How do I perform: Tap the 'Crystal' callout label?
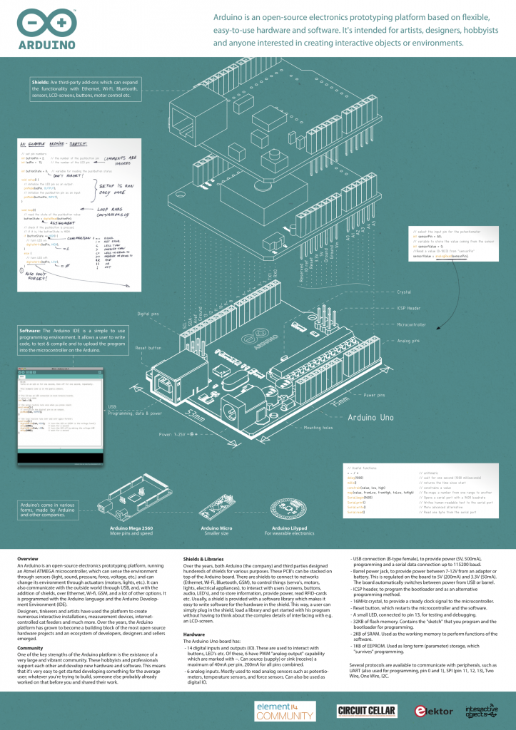click(x=404, y=292)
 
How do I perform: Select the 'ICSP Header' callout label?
click(x=409, y=308)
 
